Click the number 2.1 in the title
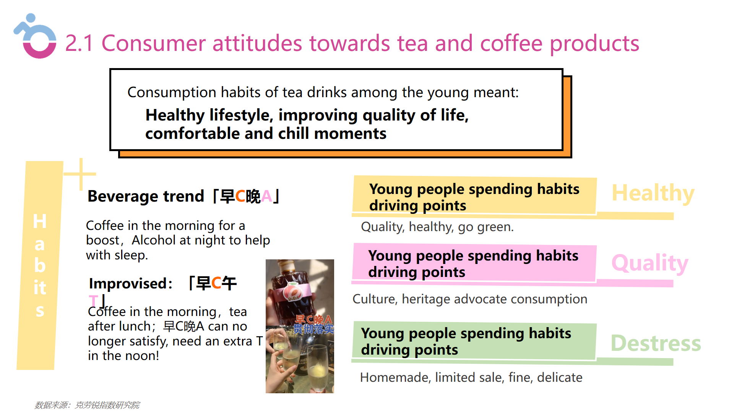pyautogui.click(x=79, y=43)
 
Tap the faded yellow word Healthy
pyautogui.click(x=653, y=194)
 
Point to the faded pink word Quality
pyautogui.click(x=650, y=263)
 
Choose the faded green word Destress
pyautogui.click(x=656, y=343)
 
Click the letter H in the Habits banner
pyautogui.click(x=40, y=221)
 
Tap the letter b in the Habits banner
pyautogui.click(x=40, y=265)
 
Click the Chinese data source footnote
pyautogui.click(x=87, y=405)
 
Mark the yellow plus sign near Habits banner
pyautogui.click(x=80, y=174)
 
